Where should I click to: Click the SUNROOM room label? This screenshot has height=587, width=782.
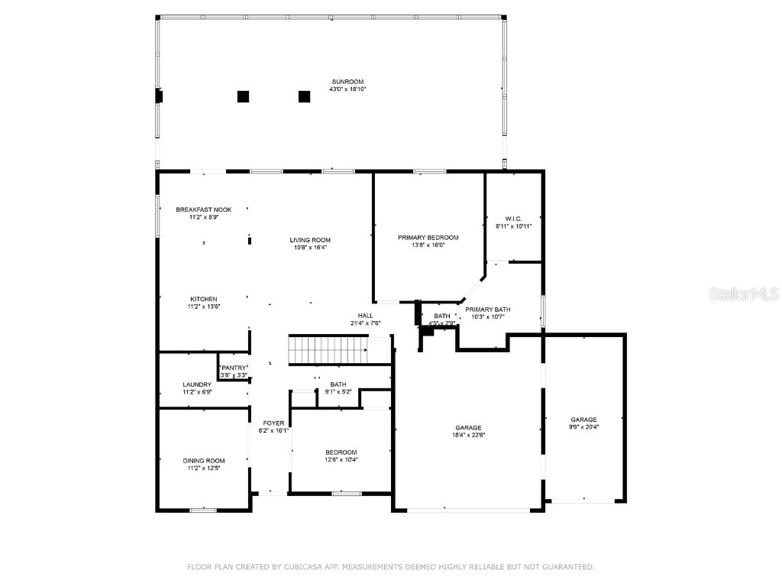click(347, 82)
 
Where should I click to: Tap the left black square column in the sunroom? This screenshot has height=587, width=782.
click(243, 96)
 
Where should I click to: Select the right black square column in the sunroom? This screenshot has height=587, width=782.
click(304, 96)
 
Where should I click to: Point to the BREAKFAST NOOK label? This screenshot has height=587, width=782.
click(203, 209)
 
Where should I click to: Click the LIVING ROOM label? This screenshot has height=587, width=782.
click(309, 240)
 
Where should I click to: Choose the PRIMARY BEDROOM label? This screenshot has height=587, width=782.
click(428, 238)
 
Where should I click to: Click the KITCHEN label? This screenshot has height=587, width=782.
click(204, 299)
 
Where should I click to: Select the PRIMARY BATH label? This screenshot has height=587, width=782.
click(487, 310)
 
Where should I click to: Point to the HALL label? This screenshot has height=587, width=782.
click(366, 316)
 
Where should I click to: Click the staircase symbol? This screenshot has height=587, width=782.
click(328, 350)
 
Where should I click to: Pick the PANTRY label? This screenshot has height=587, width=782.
click(234, 368)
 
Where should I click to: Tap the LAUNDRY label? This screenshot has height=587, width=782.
click(196, 384)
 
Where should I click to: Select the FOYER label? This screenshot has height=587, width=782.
click(273, 423)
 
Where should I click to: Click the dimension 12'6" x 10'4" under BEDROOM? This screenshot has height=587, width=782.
click(341, 459)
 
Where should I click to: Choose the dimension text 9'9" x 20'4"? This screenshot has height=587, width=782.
click(583, 427)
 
